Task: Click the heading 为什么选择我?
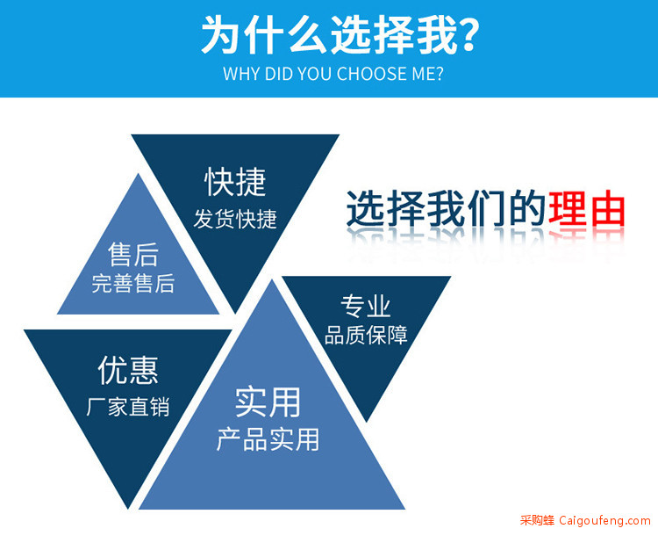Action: coord(340,35)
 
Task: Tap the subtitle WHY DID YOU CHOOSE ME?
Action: coord(333,74)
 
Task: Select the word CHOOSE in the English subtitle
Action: coord(372,74)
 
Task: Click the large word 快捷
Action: coord(235,182)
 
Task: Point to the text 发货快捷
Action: coord(235,219)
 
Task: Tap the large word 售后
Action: coord(133,255)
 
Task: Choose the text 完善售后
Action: coord(133,283)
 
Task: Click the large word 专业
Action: coord(366,306)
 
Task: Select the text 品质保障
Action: coord(366,336)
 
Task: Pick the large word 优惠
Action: coord(128,370)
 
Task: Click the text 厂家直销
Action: coord(128,407)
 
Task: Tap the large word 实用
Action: coord(268,402)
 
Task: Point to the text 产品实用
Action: coord(268,439)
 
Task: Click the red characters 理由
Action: coord(587,209)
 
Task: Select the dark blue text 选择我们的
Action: coord(446,209)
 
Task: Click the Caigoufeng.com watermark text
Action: coord(604,521)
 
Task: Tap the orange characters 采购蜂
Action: coord(537,520)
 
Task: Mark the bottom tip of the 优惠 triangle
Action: coord(128,509)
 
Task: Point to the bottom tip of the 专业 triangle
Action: coord(367,422)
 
